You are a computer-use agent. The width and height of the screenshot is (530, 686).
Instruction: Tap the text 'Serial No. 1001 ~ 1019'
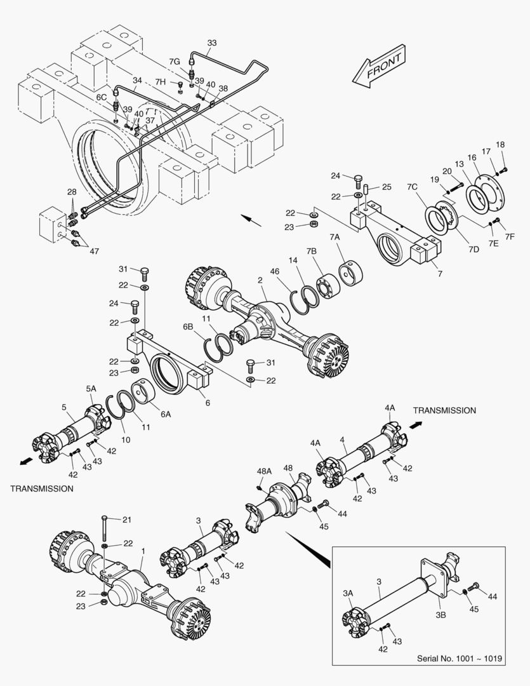tap(460, 659)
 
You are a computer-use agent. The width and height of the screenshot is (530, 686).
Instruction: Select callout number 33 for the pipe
tap(212, 43)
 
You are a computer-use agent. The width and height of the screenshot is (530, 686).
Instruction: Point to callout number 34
tap(137, 81)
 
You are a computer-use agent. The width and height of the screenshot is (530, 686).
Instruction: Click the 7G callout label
tap(175, 61)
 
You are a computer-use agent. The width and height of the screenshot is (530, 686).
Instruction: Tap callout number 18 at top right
tap(500, 145)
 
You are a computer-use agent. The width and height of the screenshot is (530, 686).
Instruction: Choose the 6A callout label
tap(166, 414)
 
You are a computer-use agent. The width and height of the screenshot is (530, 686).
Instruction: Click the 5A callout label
tap(91, 388)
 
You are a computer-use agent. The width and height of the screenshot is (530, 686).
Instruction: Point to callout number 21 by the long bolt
tap(126, 520)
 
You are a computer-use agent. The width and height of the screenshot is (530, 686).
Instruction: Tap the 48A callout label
tap(265, 472)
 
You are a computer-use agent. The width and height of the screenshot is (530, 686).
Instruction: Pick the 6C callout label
tap(102, 97)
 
